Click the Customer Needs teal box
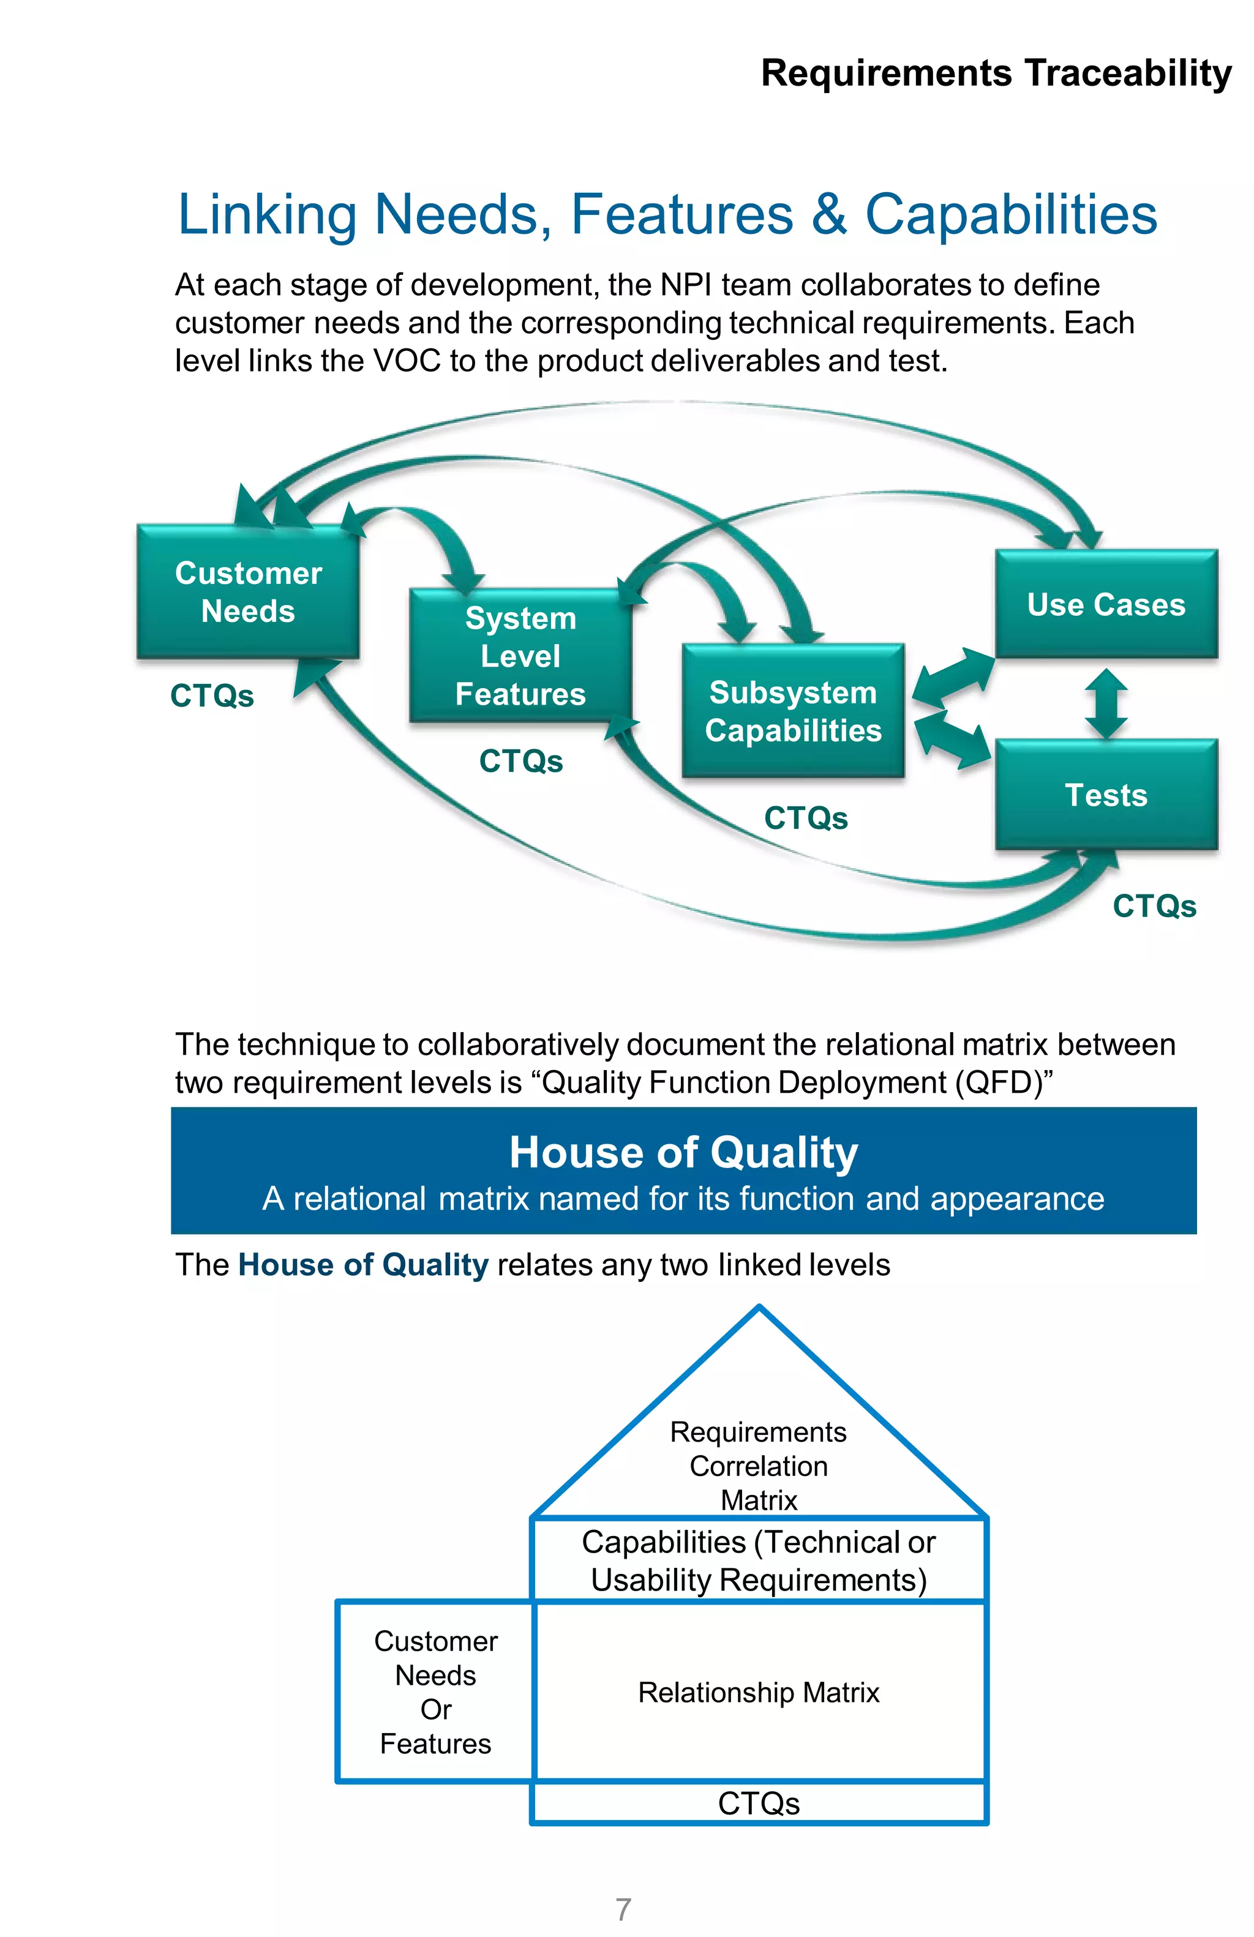tap(247, 591)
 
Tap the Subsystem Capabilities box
tap(792, 711)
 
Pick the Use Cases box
tap(1105, 604)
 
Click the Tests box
tap(1105, 795)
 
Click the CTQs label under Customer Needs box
tap(212, 696)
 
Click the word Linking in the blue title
tap(267, 215)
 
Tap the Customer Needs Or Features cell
tap(435, 1692)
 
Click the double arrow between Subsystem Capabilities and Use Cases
tap(952, 677)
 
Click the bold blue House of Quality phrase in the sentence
tap(363, 1265)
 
